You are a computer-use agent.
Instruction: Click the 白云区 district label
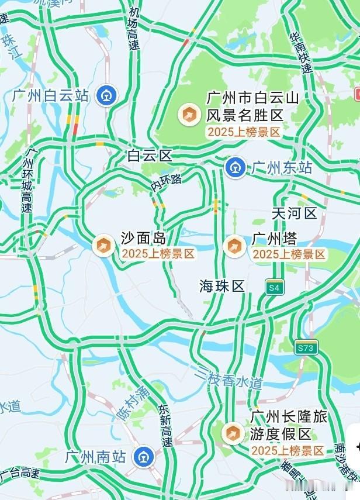coord(150,156)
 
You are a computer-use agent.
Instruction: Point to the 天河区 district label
coord(294,213)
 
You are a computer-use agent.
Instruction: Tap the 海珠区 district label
coord(221,286)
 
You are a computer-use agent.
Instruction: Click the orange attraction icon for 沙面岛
coord(103,246)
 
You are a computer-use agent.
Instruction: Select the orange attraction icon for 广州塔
coord(234,246)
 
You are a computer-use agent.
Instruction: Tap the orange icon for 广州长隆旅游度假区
coord(233,433)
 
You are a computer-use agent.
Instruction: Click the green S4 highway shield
coord(274,287)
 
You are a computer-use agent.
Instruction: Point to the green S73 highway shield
coord(305,347)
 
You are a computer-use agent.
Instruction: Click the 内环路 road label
coord(167,182)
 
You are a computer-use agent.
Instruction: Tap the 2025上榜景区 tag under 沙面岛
coord(158,254)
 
